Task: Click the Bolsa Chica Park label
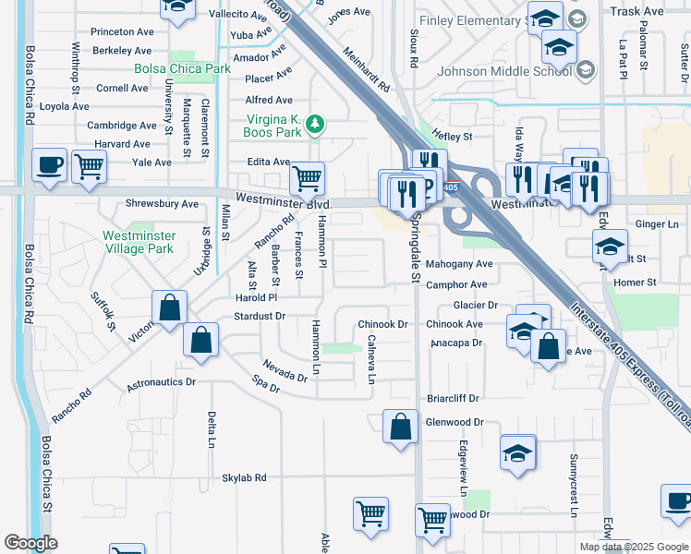[x=182, y=69]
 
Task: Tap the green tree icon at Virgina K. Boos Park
[x=315, y=124]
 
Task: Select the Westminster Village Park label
[x=138, y=242]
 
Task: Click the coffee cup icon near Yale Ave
[x=49, y=165]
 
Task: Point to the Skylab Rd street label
[x=244, y=478]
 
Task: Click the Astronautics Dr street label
[x=162, y=381]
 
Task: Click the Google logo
[x=30, y=543]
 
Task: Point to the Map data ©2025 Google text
[x=633, y=547]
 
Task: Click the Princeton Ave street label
[x=122, y=31]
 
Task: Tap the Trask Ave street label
[x=637, y=11]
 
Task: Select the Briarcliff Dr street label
[x=454, y=399]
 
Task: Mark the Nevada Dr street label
[x=284, y=370]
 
